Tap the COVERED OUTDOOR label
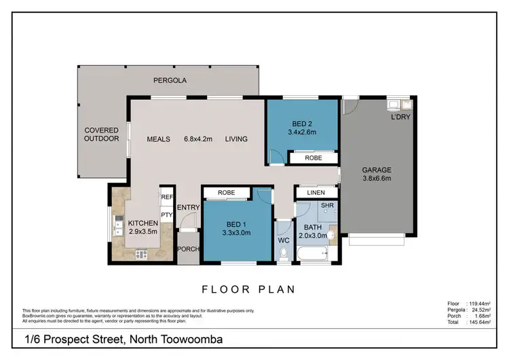101,134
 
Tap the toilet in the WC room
284,253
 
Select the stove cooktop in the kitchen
143,255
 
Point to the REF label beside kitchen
167,198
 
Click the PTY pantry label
167,215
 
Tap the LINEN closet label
316,193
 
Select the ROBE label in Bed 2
313,158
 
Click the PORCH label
188,249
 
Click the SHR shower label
326,205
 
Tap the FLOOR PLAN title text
248,289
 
